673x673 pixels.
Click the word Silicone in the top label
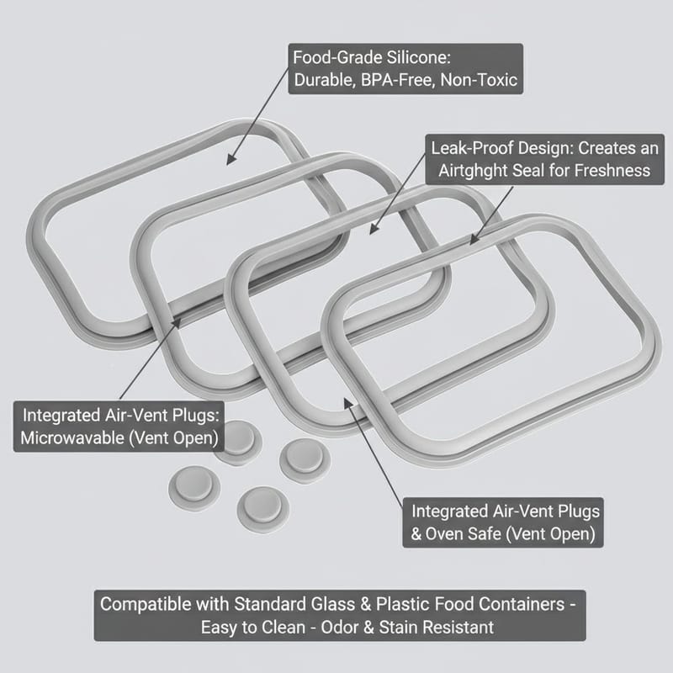(x=418, y=57)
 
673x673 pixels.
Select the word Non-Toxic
(x=479, y=80)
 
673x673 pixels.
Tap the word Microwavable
(x=72, y=437)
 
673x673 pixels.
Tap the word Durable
(x=325, y=80)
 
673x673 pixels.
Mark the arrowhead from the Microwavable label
(x=175, y=323)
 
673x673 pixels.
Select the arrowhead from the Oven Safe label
(x=348, y=404)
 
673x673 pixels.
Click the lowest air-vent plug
(x=262, y=510)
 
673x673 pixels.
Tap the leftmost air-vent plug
(x=194, y=489)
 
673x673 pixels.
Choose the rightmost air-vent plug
(x=305, y=460)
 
